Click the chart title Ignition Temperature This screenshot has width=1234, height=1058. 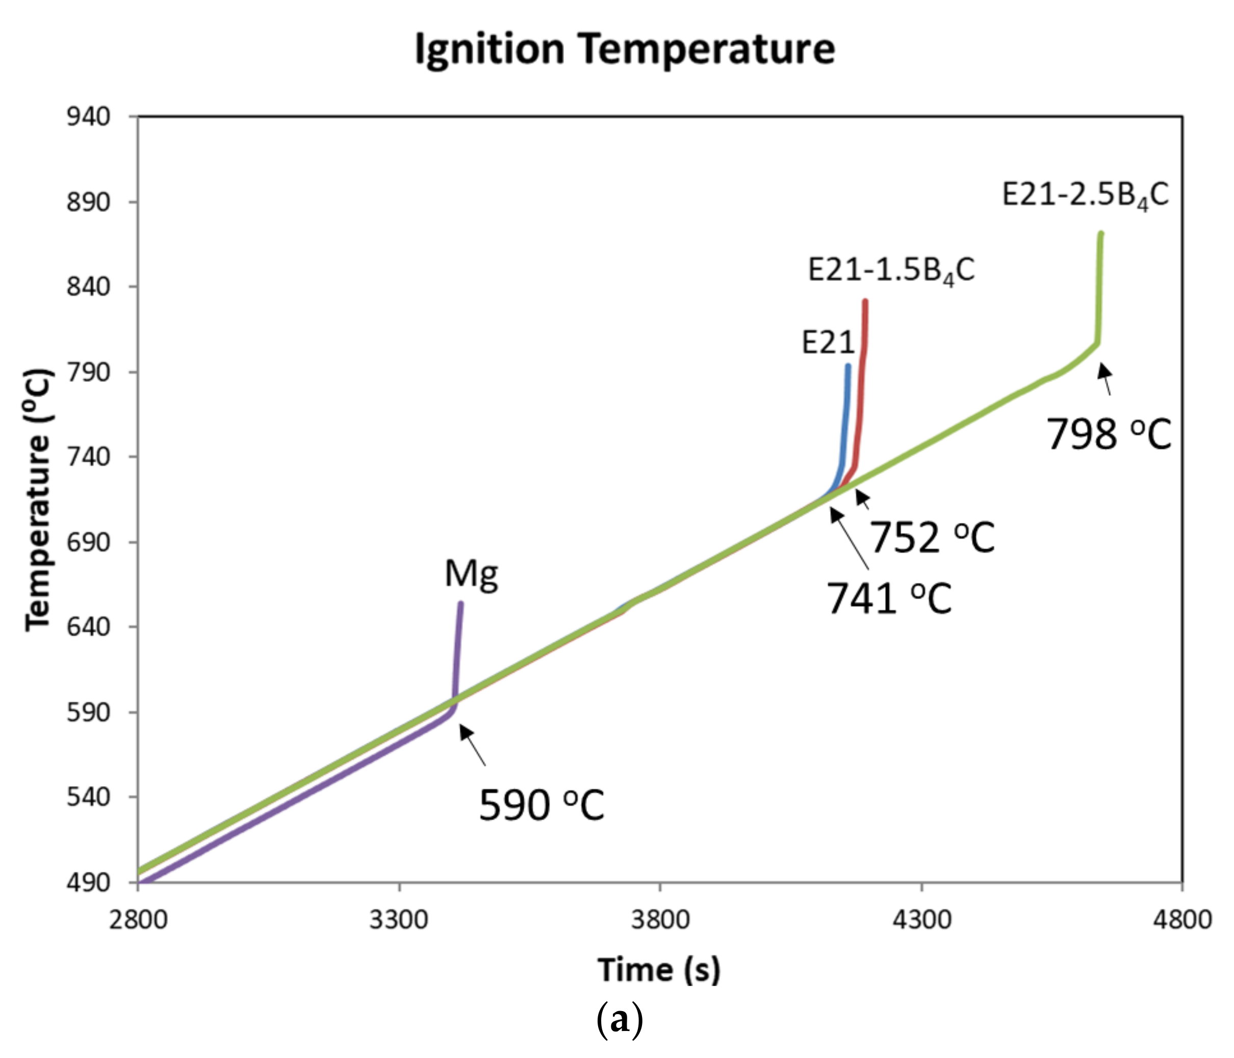[x=624, y=49]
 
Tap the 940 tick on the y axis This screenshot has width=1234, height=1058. [x=89, y=117]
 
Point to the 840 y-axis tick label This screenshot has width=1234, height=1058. [x=89, y=287]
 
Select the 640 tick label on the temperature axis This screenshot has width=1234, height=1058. [x=89, y=627]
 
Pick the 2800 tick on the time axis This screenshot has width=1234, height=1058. [x=138, y=920]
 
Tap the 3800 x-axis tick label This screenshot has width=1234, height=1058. [x=660, y=920]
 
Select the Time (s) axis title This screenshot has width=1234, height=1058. [x=659, y=969]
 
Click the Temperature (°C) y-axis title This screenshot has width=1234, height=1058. [x=39, y=499]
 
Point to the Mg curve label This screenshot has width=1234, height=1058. [x=471, y=574]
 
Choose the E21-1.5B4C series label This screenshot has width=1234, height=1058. [x=891, y=271]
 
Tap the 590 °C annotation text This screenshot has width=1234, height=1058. [x=542, y=805]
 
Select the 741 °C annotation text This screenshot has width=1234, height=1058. [x=889, y=598]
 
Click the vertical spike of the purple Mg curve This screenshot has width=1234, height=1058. [x=458, y=649]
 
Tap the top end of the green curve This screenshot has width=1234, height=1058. [x=1101, y=234]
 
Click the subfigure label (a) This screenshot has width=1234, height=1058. [x=620, y=1020]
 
